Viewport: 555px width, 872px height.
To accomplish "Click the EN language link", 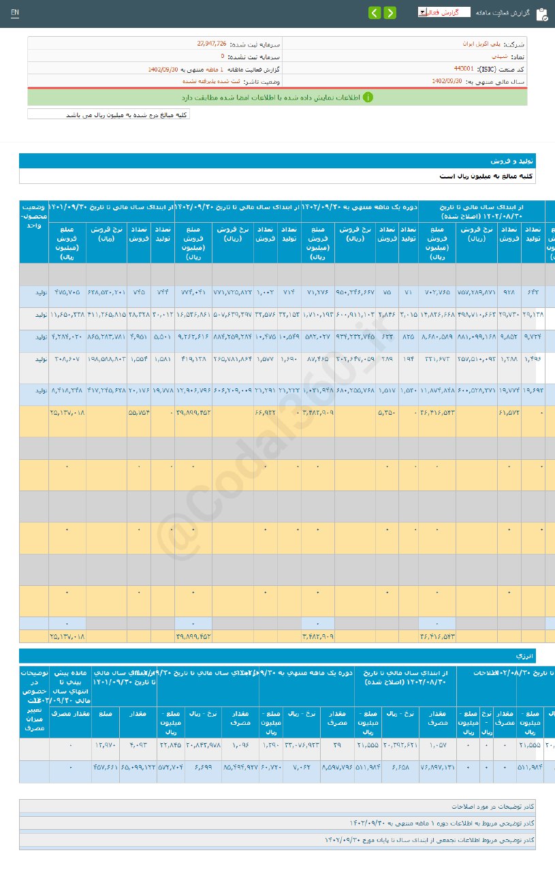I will [15, 13].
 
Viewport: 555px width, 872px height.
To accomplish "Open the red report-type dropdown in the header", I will [443, 12].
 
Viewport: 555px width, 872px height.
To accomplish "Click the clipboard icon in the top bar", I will [541, 14].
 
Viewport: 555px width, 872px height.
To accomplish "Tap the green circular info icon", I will [368, 97].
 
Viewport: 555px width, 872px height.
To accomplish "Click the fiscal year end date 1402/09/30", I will [447, 81].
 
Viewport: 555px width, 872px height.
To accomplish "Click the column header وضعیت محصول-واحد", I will [34, 215].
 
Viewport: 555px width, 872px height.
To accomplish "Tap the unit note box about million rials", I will [109, 115].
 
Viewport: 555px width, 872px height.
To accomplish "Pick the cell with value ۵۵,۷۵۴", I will [139, 413].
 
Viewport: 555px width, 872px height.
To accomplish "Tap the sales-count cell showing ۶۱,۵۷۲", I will [509, 413].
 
